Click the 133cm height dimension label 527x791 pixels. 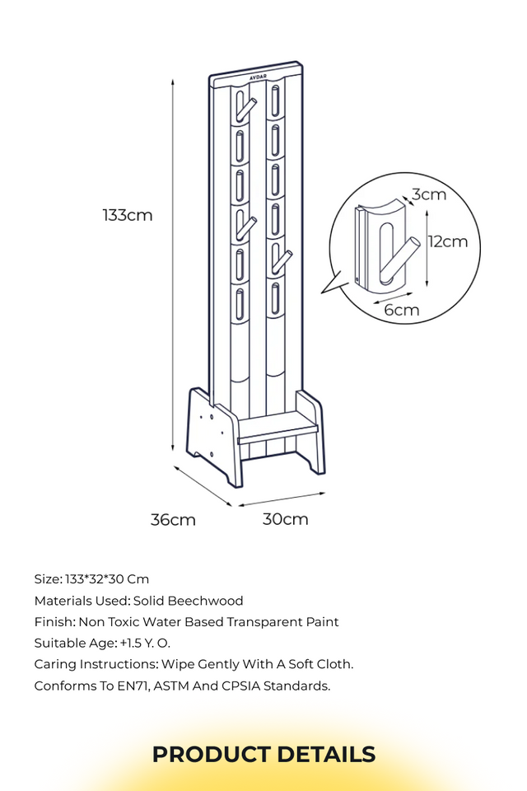click(x=127, y=215)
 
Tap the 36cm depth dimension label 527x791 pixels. click(x=173, y=520)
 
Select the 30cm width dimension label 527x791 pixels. click(x=286, y=519)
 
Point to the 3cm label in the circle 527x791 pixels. click(x=429, y=194)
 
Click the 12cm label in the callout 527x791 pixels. click(x=448, y=241)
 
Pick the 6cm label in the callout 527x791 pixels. click(x=402, y=309)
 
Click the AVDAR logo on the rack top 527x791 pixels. click(x=259, y=77)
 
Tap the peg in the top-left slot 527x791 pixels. click(x=245, y=110)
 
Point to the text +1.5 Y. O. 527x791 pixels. click(x=145, y=644)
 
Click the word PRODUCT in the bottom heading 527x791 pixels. click(x=212, y=755)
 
